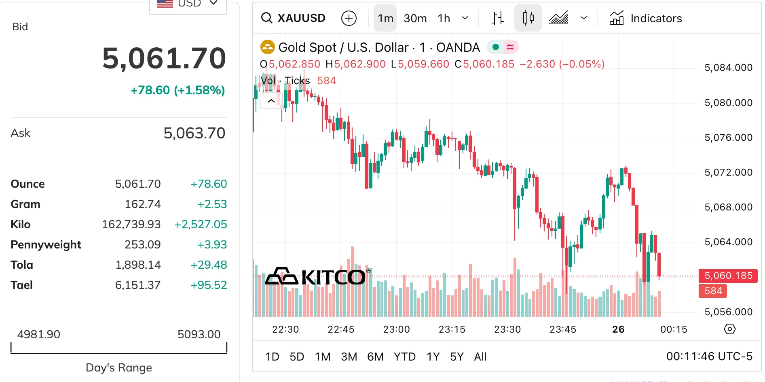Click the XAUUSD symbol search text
301,18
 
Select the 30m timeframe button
415,18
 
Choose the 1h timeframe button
444,18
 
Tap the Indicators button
646,18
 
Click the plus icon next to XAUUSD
349,18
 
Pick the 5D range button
297,357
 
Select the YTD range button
404,357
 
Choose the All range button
480,357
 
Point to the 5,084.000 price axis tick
728,68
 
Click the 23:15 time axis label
452,329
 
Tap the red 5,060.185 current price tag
728,276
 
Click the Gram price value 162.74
142,204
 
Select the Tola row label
22,265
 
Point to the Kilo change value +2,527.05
201,224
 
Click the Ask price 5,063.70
194,133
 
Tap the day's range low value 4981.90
38,334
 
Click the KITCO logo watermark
315,277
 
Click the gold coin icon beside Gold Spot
267,47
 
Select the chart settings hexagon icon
729,329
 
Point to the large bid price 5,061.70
164,58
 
